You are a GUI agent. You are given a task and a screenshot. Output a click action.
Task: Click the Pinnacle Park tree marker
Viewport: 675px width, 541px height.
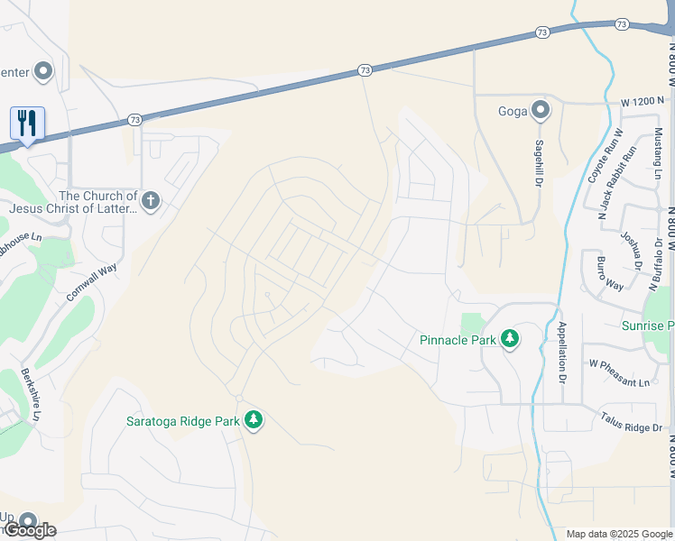tap(510, 339)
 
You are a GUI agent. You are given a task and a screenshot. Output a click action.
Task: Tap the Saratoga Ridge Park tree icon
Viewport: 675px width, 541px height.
tap(254, 419)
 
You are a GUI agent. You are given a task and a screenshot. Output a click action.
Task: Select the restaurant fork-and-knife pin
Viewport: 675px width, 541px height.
tap(27, 124)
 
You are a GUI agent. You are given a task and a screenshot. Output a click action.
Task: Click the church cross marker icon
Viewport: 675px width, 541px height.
tap(151, 200)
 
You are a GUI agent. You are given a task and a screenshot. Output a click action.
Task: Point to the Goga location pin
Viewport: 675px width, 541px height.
tap(541, 111)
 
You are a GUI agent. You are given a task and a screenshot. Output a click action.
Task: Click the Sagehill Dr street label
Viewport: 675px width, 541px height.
tap(539, 161)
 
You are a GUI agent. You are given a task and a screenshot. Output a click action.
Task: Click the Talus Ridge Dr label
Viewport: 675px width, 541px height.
tap(631, 421)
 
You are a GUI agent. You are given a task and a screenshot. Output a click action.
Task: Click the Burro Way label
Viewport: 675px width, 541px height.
tap(609, 272)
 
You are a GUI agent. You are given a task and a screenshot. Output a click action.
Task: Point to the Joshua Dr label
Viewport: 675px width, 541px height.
tap(629, 246)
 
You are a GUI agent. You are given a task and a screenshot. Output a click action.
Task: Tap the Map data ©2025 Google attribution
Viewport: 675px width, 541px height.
tap(617, 534)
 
